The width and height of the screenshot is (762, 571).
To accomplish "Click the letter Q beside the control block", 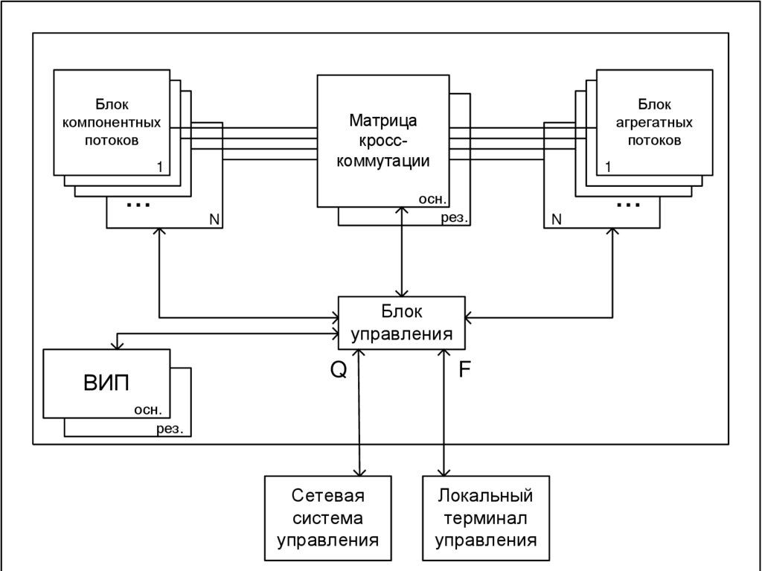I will point(339,370).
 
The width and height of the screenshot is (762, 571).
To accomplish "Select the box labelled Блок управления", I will point(403,322).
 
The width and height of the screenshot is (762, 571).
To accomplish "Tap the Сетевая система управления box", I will point(328,518).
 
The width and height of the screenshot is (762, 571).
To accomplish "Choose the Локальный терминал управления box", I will point(486,518).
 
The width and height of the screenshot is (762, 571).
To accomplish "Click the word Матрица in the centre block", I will point(382,121).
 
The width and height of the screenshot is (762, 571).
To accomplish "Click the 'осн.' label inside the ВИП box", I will point(148,409).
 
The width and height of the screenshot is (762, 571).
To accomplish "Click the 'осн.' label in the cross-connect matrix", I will point(432,199).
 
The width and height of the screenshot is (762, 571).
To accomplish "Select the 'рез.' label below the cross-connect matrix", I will point(453,218).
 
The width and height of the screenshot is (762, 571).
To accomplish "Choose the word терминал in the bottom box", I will point(486,518).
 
